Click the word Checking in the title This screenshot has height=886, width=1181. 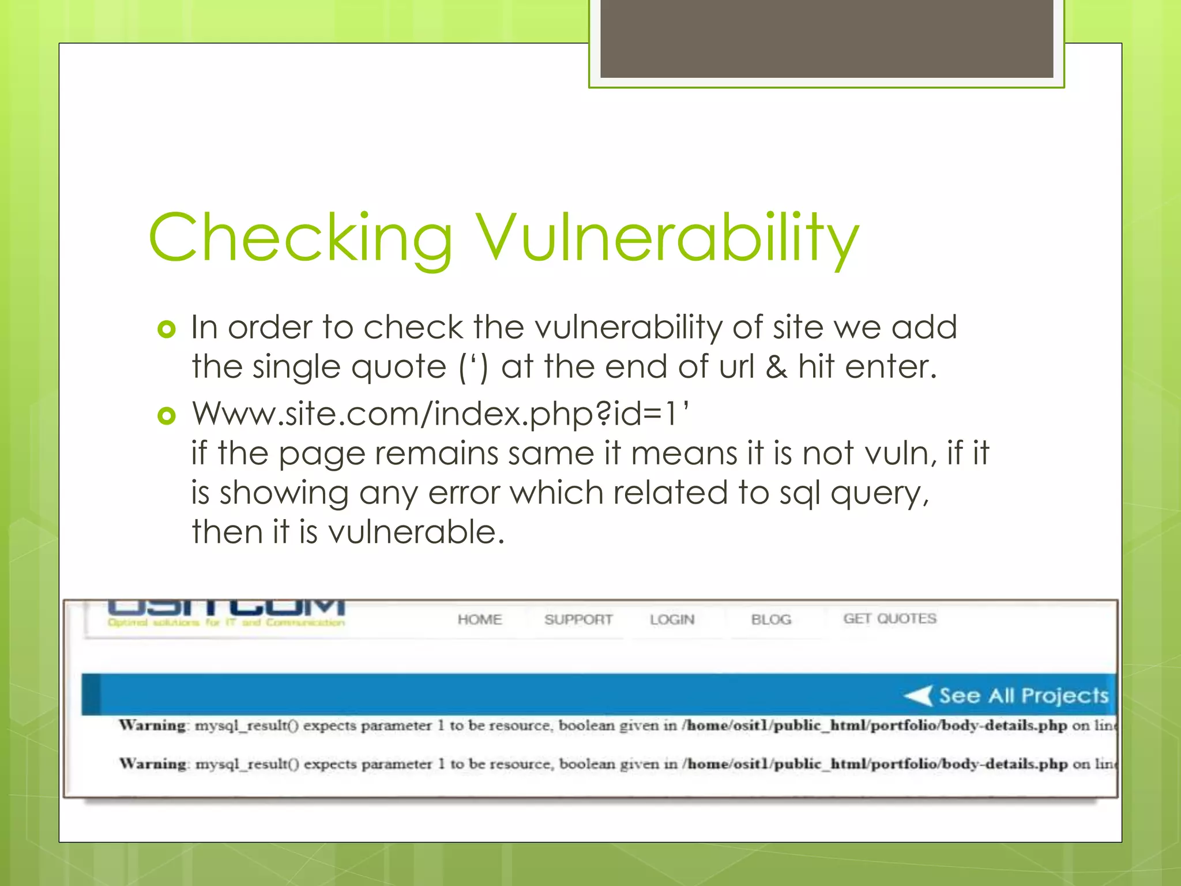tap(300, 237)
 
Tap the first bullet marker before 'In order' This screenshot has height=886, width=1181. tap(166, 329)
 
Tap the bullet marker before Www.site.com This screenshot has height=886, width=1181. tap(166, 415)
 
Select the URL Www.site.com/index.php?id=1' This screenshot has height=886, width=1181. tap(440, 414)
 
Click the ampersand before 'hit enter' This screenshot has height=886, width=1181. tap(776, 367)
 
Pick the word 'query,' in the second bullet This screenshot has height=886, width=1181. tap(879, 494)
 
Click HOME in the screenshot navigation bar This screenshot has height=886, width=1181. tap(480, 620)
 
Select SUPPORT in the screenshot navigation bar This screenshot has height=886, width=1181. tap(578, 620)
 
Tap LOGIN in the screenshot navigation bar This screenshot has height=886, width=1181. tap(672, 620)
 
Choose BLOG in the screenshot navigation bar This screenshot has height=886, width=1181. tap(771, 620)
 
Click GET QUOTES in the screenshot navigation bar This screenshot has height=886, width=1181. tap(890, 619)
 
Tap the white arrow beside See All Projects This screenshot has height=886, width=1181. tap(918, 696)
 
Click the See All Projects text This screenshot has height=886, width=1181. tap(1024, 696)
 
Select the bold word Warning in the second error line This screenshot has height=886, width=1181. tap(153, 764)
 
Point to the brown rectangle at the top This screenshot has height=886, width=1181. tap(826, 38)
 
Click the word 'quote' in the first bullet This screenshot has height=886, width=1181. tap(398, 367)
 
